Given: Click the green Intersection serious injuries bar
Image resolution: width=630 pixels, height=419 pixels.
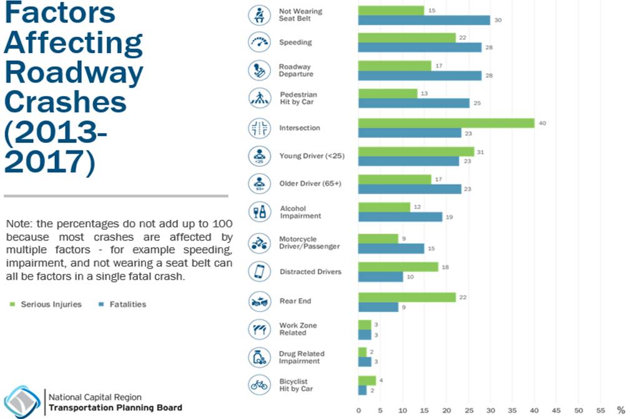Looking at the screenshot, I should (x=446, y=123).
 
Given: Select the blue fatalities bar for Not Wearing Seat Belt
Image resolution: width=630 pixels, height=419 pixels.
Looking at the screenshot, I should (x=424, y=20).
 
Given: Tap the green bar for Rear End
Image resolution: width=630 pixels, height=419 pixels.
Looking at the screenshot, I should (x=406, y=297).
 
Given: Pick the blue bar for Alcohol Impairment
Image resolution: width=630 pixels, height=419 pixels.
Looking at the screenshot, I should (x=400, y=217).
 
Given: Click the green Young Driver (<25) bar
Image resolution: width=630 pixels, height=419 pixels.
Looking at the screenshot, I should (x=416, y=152).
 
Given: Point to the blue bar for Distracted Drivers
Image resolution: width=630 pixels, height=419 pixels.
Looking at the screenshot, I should (x=380, y=277).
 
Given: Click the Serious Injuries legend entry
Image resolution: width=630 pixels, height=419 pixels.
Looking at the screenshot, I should (x=46, y=304).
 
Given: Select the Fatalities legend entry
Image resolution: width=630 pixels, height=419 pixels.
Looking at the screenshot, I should (x=124, y=304).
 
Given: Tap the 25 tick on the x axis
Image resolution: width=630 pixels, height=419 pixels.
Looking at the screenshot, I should (x=468, y=410).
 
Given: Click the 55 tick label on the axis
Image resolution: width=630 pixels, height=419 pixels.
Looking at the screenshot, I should (x=601, y=410).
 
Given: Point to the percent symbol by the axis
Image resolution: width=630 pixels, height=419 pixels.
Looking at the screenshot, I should (x=621, y=410).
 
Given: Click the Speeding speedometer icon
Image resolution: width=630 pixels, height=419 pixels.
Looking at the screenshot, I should (x=258, y=42).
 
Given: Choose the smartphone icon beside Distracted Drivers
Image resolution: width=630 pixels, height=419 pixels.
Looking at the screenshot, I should (x=258, y=272).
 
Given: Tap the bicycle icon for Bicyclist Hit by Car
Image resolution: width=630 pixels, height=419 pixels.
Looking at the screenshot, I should (x=258, y=385).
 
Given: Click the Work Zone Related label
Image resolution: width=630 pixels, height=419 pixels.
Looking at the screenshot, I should (x=298, y=329).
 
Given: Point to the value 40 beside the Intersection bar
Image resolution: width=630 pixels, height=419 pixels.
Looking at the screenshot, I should (x=542, y=123).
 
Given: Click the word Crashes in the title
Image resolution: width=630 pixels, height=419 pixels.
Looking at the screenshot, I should (x=66, y=102).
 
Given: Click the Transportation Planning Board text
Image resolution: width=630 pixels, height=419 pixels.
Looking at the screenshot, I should (x=116, y=408).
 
